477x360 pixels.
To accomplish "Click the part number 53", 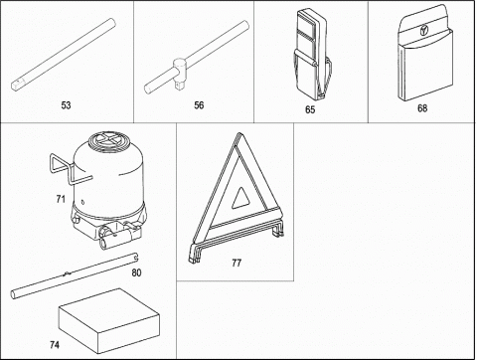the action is tap(66, 105).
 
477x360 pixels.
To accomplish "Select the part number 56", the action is tap(199, 105).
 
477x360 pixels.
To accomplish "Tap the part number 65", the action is tap(310, 109).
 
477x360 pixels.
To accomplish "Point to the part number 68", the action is tap(422, 108).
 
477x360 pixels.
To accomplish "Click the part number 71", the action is tap(61, 199).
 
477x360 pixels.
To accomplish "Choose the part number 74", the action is tap(55, 345).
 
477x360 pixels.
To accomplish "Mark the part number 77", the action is tap(237, 263).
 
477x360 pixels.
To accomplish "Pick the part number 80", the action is tap(136, 272).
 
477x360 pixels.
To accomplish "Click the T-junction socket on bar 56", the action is tap(180, 72).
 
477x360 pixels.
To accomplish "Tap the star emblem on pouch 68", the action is tap(423, 31).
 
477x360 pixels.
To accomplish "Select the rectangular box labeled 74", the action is tap(109, 320).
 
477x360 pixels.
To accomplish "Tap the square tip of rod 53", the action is tap(14, 86).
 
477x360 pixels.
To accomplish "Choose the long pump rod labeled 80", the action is tap(76, 275).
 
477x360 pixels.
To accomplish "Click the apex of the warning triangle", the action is tap(238, 133).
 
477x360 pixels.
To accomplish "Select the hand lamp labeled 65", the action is tap(311, 55).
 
